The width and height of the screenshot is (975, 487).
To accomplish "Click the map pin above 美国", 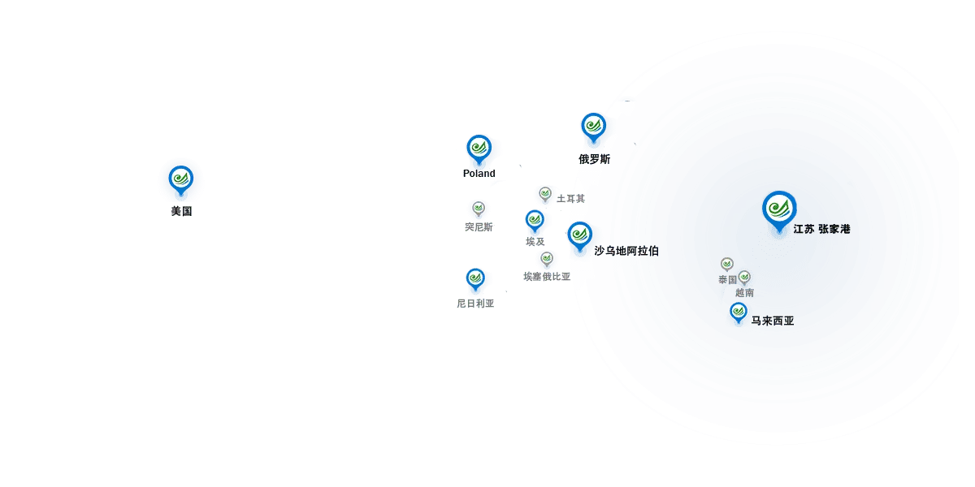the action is coord(181,180).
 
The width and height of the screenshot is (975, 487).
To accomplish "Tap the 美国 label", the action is coord(181,211).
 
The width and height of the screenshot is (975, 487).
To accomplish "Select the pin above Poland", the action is coord(479,149).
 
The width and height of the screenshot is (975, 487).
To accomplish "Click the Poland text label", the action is coord(479,174).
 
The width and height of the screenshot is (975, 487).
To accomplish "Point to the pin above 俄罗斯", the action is coord(594,127).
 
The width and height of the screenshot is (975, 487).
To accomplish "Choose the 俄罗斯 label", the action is coord(595,160).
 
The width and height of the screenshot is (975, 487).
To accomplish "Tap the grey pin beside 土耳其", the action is coord(545,194).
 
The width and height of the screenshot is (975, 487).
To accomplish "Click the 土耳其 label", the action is coord(571,199).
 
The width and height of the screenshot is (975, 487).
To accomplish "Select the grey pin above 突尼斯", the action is coord(479,209).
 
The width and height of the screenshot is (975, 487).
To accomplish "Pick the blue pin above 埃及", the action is coord(535,221).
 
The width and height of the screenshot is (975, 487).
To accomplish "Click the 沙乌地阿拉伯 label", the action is coord(626,251).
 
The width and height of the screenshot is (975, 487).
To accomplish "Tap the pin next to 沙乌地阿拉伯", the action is coord(580,236).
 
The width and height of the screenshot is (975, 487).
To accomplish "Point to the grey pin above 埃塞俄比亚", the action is coord(547,259).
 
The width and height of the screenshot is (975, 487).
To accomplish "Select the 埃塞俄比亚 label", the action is coord(547,277).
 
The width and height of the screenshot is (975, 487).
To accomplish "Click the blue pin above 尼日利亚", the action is coord(475,279).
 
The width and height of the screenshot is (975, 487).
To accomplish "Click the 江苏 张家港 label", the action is coord(821,229).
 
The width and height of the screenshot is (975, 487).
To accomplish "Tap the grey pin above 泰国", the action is coord(727,265).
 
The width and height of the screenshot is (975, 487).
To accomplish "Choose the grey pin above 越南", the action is coord(744,278).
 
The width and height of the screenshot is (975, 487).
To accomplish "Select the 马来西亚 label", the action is coord(773,321).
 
